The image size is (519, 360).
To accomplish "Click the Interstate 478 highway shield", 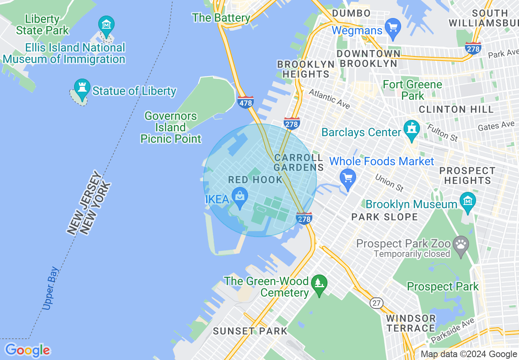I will [245, 102].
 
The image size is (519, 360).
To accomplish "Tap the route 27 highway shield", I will [377, 303].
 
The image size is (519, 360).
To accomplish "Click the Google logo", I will [27, 350].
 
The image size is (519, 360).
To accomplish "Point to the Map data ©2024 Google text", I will [469, 354].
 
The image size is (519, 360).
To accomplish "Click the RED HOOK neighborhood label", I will [255, 180].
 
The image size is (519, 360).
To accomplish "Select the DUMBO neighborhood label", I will [351, 13].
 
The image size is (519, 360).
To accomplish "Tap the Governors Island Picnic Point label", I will [171, 128].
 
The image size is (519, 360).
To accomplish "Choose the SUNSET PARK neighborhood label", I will [250, 331].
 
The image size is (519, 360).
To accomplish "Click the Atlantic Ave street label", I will [329, 99].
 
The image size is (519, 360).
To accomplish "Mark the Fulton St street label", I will [442, 133].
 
